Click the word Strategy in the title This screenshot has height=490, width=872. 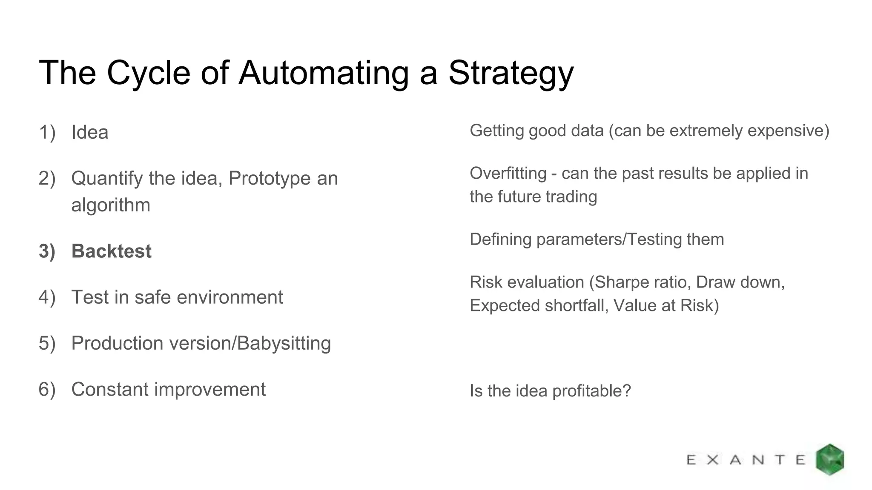pos(511,73)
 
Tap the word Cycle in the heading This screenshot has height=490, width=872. pos(148,73)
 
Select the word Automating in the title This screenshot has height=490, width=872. pos(324,73)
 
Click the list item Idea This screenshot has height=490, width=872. pos(90,132)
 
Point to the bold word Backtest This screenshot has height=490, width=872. pos(112,251)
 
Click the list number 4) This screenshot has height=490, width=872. pos(47,297)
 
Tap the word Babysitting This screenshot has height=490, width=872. pos(284,343)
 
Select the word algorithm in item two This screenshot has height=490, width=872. pos(111,205)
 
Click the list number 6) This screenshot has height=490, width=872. pos(47,389)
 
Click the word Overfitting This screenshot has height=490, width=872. pos(508,174)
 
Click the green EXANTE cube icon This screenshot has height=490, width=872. pos(830,459)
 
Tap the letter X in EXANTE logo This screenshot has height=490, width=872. pos(713,460)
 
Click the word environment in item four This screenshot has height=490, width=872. pos(229,297)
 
